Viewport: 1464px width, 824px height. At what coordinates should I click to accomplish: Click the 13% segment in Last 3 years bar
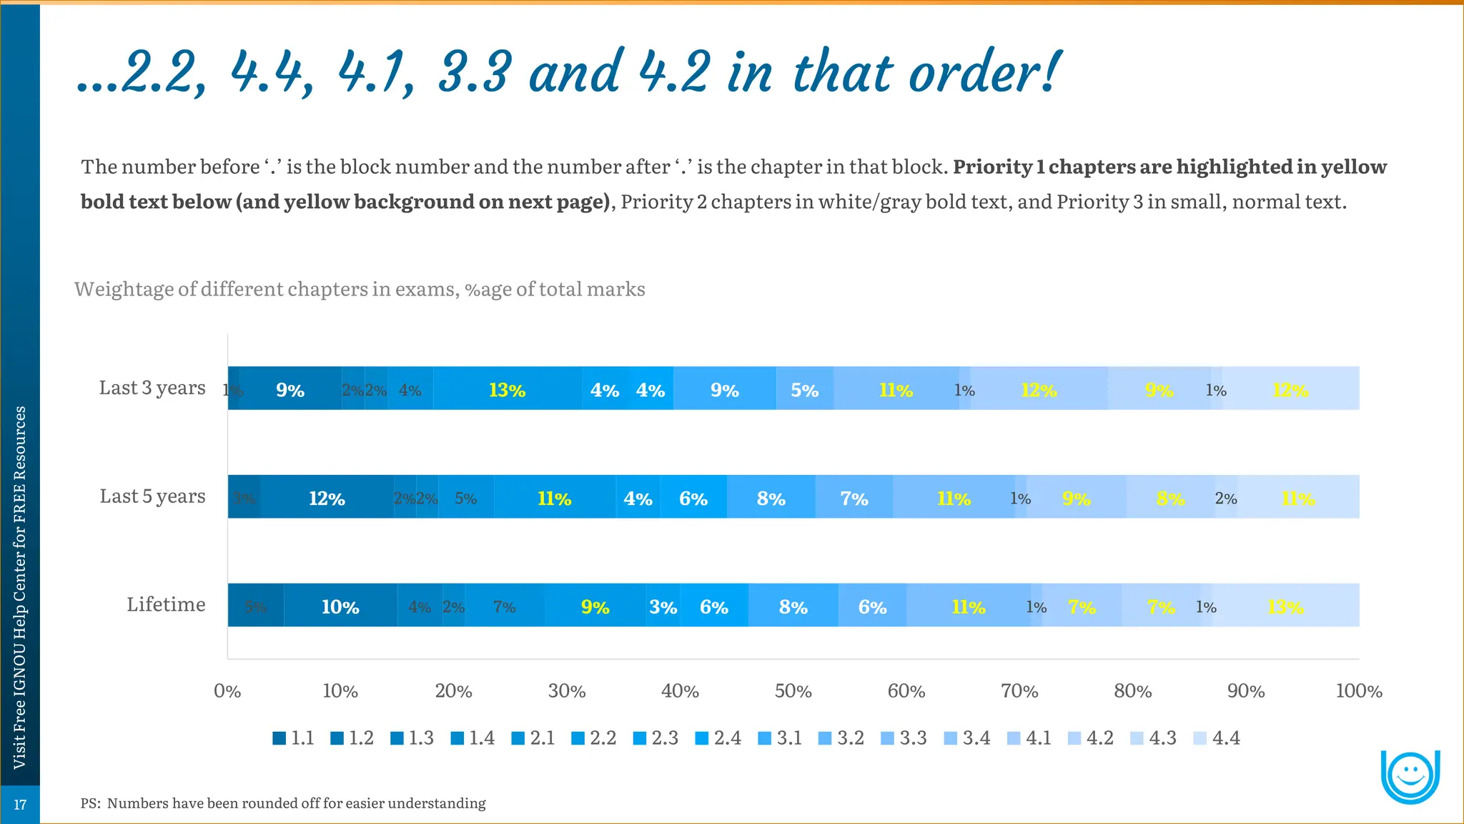[x=507, y=390]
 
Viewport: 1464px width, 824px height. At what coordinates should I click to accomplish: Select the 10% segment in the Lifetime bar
[x=340, y=607]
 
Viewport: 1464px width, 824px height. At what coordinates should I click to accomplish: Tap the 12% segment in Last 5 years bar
[x=327, y=498]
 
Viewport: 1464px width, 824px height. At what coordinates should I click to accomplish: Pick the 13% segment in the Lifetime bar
[x=1285, y=607]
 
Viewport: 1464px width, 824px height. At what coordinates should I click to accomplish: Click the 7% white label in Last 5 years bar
[x=854, y=498]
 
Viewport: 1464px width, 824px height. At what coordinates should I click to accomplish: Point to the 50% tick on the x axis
[x=793, y=691]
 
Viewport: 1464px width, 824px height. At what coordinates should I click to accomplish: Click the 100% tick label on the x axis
[x=1358, y=691]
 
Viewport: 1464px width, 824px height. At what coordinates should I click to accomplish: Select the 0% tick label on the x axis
[x=227, y=691]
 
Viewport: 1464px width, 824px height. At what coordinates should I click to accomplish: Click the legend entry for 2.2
[x=594, y=737]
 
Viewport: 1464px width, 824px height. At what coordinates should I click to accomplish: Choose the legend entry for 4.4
[x=1217, y=737]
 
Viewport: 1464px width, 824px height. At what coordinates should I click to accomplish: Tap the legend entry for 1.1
[x=294, y=737]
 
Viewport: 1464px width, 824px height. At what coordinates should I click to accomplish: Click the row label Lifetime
[x=166, y=604]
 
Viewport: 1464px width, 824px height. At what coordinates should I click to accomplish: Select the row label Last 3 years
[x=152, y=388]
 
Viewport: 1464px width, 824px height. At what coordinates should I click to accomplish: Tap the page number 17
[x=20, y=805]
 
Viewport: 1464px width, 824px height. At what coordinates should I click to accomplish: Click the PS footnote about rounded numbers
[x=283, y=803]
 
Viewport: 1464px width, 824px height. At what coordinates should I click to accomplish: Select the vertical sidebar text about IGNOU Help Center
[x=20, y=587]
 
